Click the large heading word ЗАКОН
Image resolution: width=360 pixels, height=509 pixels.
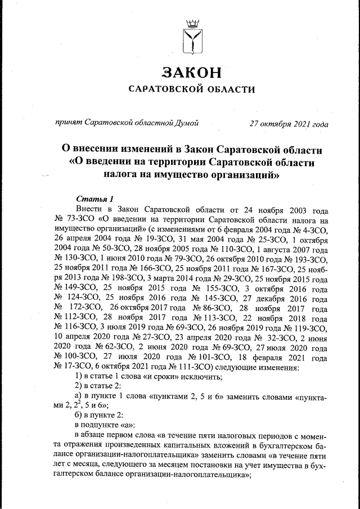191,73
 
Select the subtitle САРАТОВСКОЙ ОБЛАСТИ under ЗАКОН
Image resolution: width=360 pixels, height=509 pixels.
191,89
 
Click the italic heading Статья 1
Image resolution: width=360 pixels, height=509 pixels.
94,199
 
